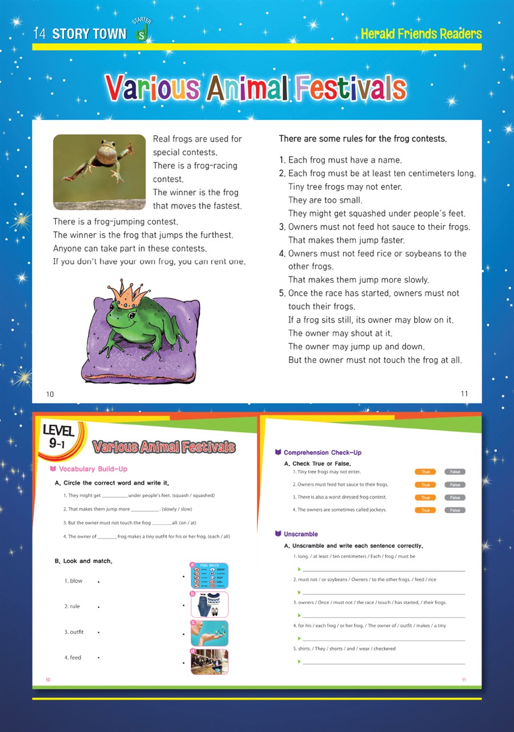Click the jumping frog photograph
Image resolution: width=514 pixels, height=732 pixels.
(99, 172)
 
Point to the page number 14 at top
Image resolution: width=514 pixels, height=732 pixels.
(39, 34)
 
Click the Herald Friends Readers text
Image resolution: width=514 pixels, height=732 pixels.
(421, 34)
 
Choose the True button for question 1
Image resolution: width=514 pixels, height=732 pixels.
(425, 472)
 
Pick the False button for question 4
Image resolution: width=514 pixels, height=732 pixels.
(455, 510)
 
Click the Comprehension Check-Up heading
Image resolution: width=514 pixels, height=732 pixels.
(322, 453)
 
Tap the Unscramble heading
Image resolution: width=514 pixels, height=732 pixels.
(300, 534)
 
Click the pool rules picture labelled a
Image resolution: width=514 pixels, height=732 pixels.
(210, 576)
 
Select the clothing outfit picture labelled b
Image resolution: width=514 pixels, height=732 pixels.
(210, 604)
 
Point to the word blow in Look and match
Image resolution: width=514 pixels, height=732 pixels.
(76, 581)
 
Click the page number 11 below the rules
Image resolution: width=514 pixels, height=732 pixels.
(464, 394)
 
